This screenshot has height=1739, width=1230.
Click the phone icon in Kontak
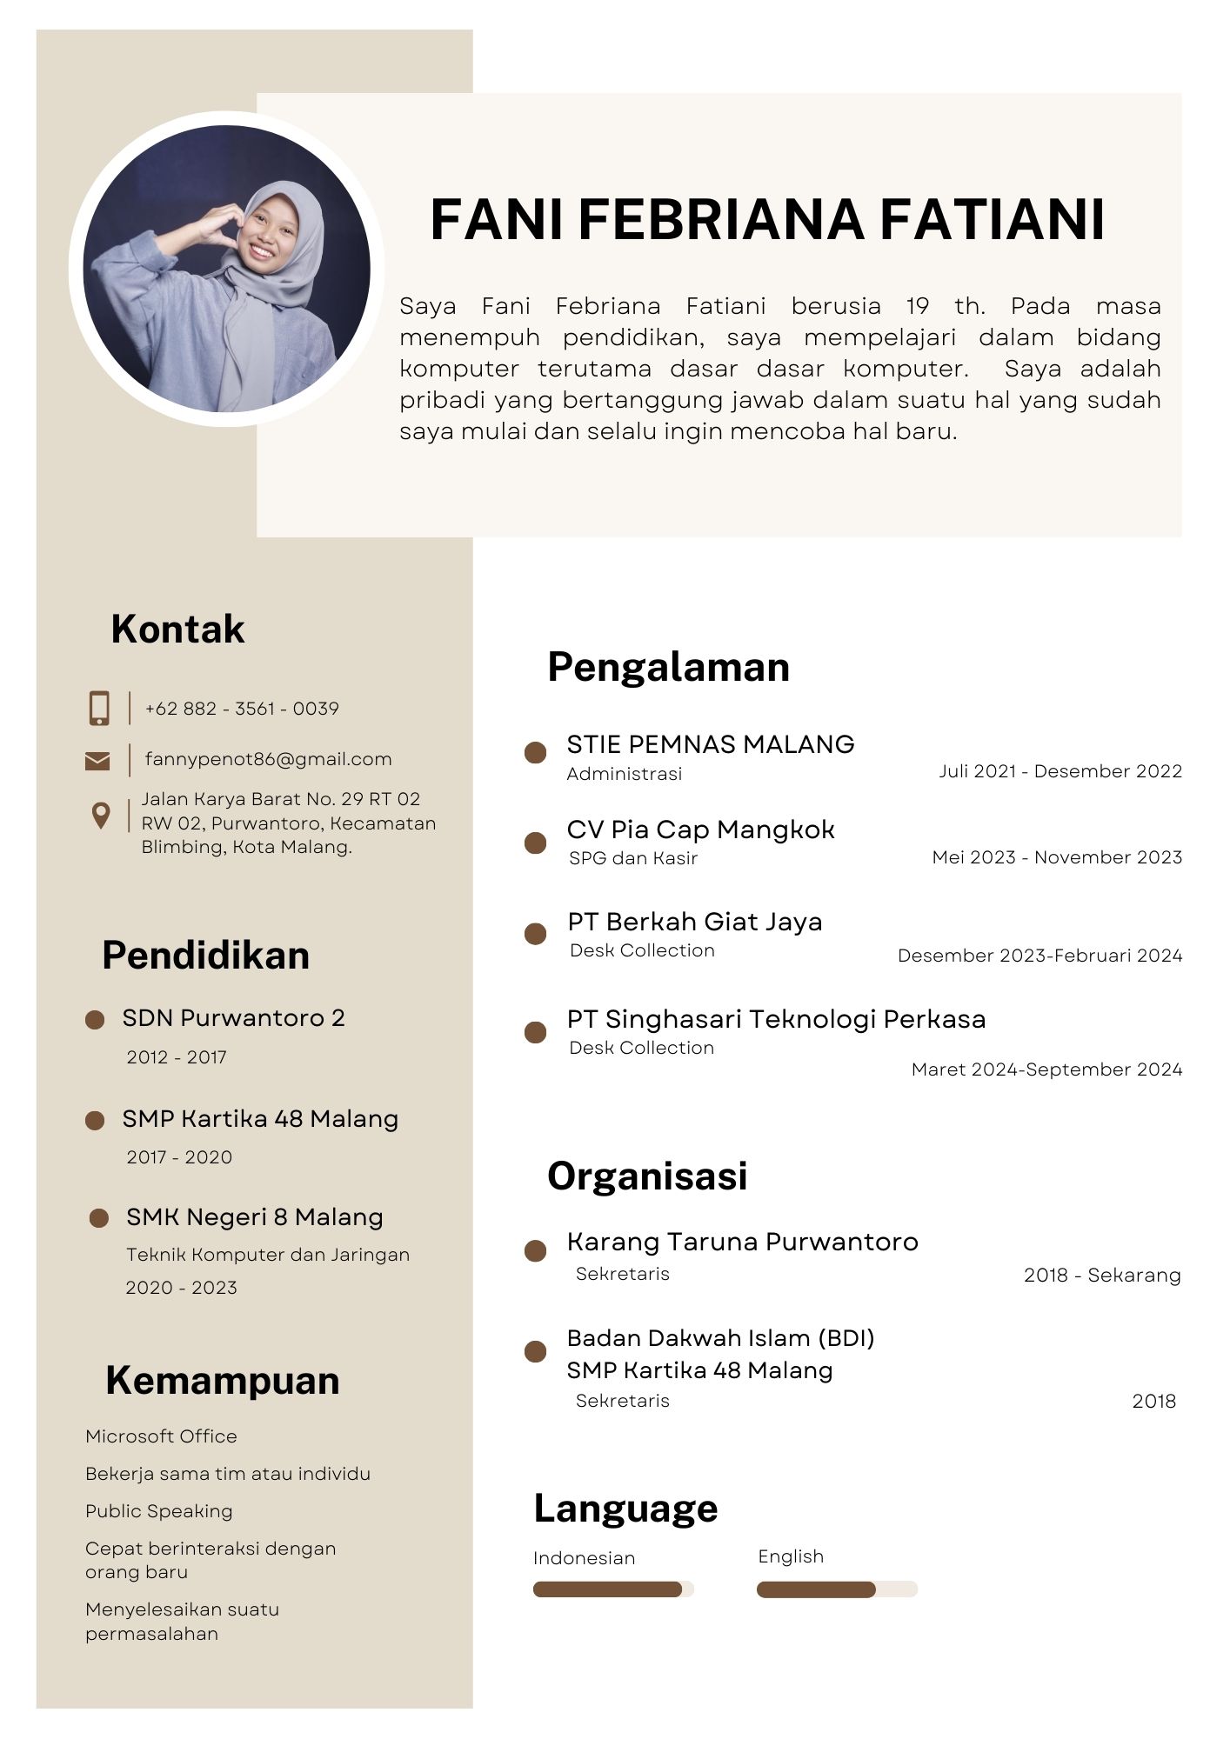pyautogui.click(x=99, y=709)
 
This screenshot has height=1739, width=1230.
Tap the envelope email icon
pyautogui.click(x=97, y=761)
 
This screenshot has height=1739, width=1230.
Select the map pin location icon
pyautogui.click(x=101, y=816)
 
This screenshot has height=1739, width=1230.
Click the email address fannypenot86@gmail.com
pyautogui.click(x=268, y=759)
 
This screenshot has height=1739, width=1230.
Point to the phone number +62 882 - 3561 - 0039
pyautogui.click(x=242, y=709)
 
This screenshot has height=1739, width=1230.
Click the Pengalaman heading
pyautogui.click(x=668, y=667)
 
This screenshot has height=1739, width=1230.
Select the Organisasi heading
pyautogui.click(x=647, y=1176)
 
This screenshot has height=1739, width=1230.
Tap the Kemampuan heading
pyautogui.click(x=222, y=1380)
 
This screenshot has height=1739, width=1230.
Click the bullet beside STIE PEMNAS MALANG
pyautogui.click(x=536, y=753)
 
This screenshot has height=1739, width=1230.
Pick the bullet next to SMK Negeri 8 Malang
pyautogui.click(x=99, y=1218)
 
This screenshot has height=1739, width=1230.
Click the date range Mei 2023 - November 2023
pyautogui.click(x=1057, y=857)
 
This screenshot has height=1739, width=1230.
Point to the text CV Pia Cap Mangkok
pyautogui.click(x=700, y=830)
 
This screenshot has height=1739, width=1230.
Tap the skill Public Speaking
pyautogui.click(x=159, y=1511)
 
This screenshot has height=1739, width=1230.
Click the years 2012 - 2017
pyautogui.click(x=177, y=1057)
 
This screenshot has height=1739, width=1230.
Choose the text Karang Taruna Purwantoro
pyautogui.click(x=742, y=1242)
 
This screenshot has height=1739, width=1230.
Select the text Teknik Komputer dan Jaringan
pyautogui.click(x=268, y=1255)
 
